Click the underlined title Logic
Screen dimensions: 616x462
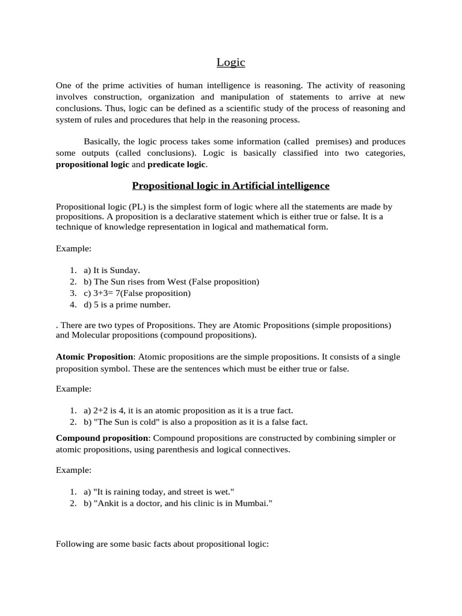tap(231, 63)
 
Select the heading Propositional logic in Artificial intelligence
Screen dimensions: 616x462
tap(231, 186)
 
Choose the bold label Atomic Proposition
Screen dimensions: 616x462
tap(94, 357)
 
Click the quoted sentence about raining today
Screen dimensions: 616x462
tap(159, 491)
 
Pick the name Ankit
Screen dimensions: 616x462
tap(107, 503)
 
